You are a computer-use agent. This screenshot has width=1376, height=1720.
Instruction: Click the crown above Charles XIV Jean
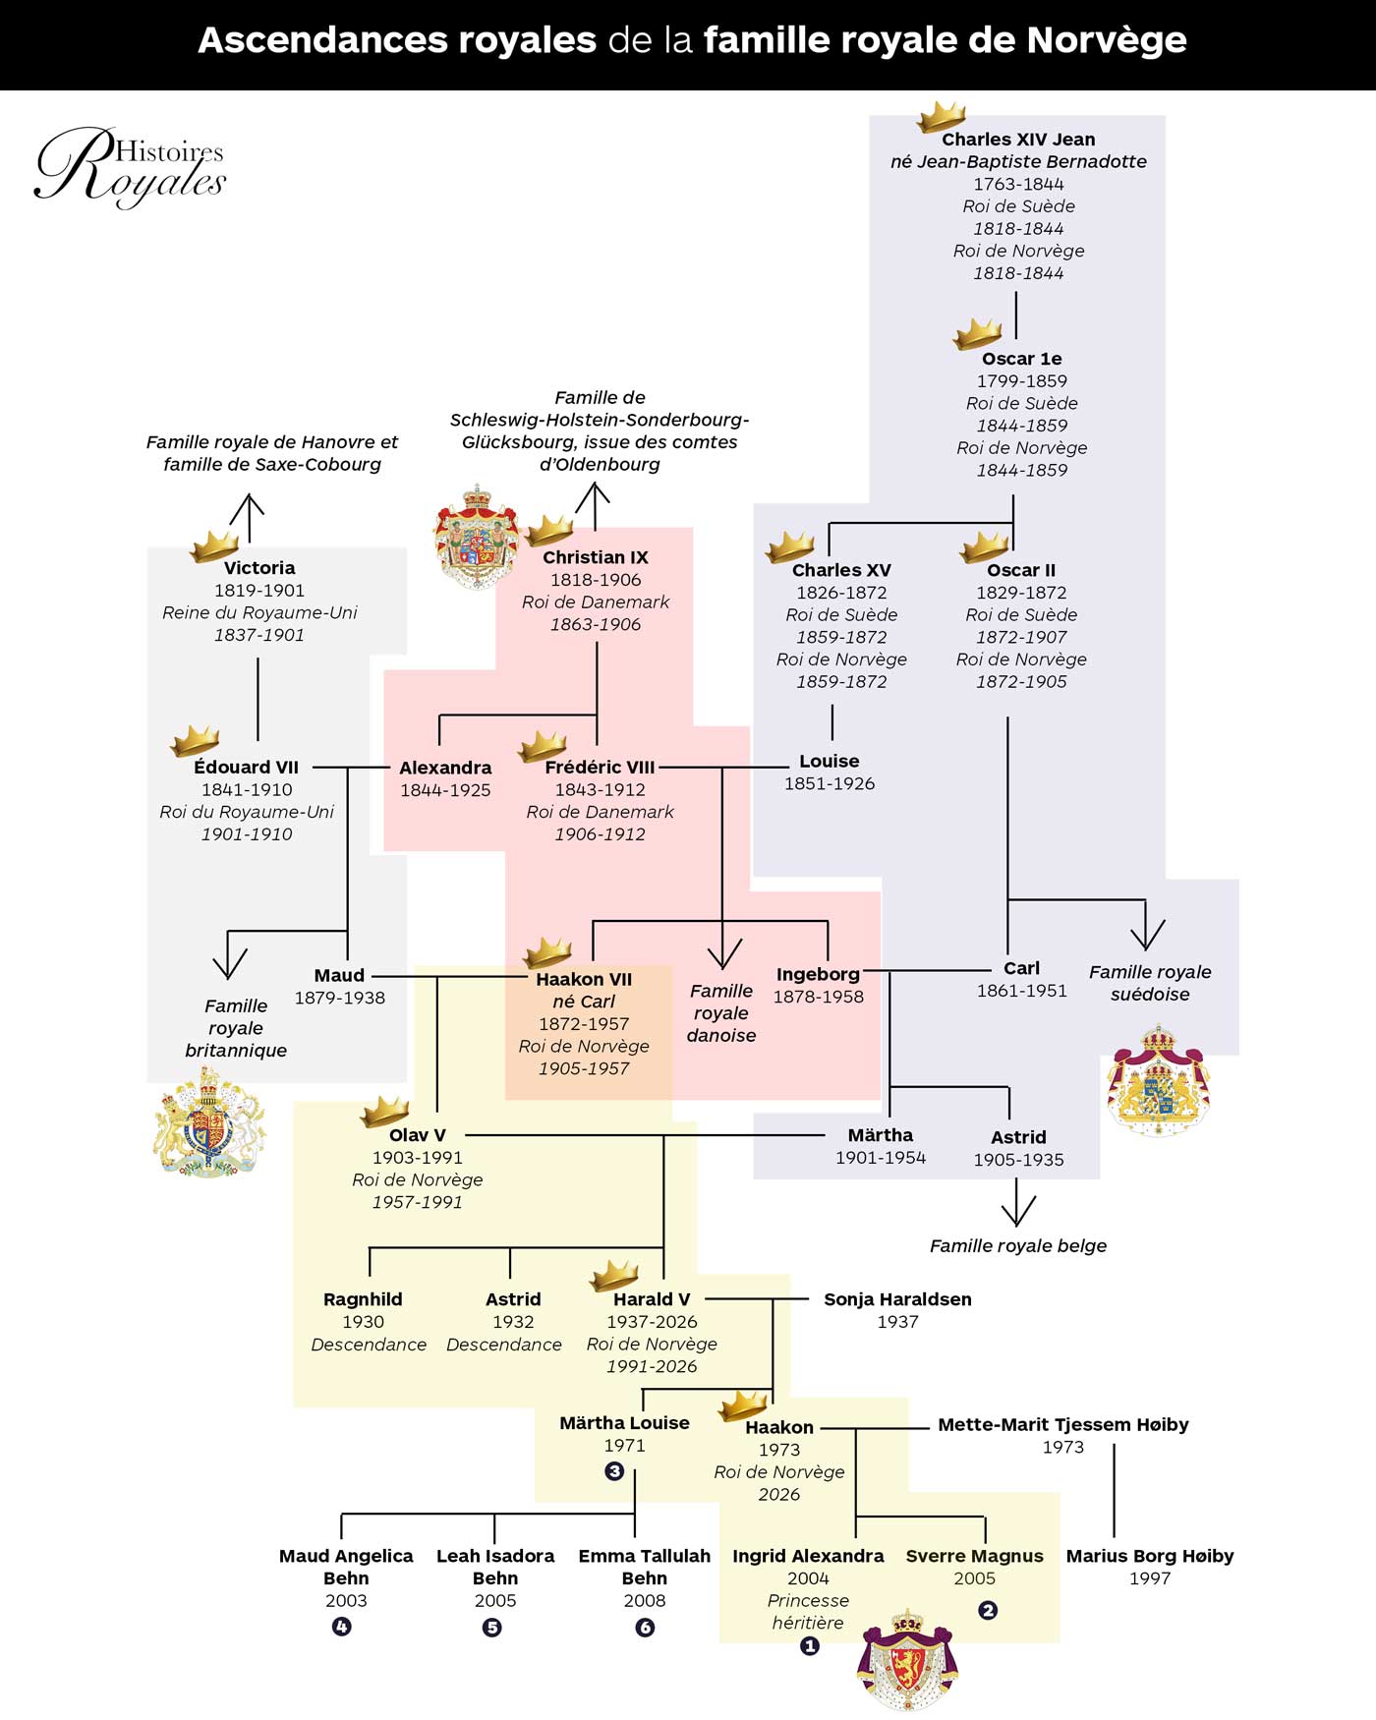(942, 116)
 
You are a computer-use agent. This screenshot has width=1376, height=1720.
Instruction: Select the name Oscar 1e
(1022, 359)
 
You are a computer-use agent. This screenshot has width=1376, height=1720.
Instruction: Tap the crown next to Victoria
(215, 545)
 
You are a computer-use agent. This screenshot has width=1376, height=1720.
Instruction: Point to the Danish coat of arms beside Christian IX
(477, 536)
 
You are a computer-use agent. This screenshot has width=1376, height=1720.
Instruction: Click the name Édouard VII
(246, 767)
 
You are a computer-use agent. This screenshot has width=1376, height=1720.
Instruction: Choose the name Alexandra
(445, 768)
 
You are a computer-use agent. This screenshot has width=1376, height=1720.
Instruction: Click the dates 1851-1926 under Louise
(830, 783)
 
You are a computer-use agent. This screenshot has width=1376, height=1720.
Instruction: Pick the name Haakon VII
(584, 979)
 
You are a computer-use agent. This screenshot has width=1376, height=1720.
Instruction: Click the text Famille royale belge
(1018, 1245)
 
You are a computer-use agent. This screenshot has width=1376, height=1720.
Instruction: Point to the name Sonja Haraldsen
(897, 1299)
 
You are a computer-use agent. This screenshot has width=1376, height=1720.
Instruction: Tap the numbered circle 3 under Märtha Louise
(614, 1471)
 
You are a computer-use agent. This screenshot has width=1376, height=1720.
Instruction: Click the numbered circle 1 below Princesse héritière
(809, 1645)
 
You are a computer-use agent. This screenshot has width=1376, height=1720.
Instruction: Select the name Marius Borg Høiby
(1150, 1557)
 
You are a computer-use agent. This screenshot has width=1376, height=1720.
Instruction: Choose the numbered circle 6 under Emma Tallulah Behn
(645, 1628)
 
